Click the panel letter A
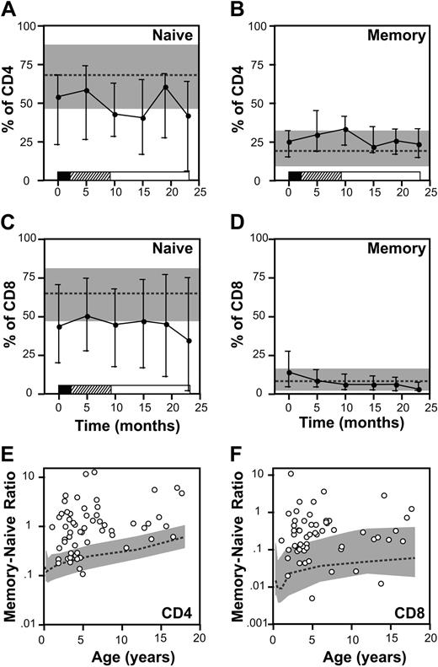click(9, 9)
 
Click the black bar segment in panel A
click(63, 175)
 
